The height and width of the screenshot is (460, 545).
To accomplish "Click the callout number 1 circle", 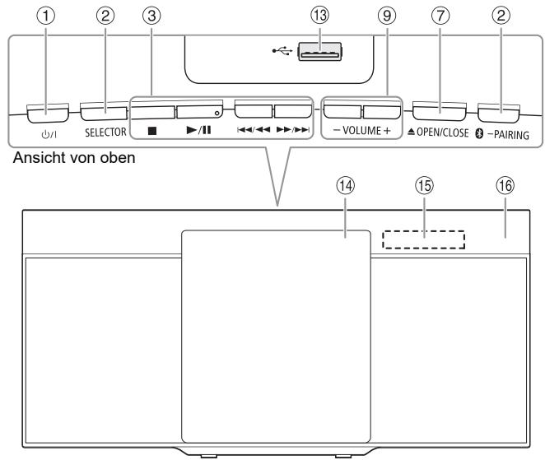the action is pos(46,16).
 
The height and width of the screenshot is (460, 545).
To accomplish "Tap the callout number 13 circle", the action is pos(319,16).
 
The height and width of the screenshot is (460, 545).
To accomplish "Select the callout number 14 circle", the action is pos(345,185).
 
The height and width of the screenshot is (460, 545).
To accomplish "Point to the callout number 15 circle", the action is pos(424,185).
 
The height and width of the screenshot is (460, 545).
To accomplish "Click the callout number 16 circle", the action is pos(505,185).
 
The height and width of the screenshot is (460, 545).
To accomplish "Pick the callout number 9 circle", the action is pos(387,16).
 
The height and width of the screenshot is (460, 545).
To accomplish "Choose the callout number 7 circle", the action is pos(440,16).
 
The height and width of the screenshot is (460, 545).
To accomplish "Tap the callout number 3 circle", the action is pos(151,16).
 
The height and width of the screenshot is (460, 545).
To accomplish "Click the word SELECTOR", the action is pos(105,132).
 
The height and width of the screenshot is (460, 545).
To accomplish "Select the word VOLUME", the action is pos(362,131).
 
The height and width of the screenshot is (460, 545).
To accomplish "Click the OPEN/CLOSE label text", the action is pos(442,132).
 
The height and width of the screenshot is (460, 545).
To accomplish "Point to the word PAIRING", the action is pos(511,135).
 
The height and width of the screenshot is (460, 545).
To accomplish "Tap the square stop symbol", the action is pos(151,131).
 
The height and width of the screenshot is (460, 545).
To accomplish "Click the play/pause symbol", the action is pos(198,130).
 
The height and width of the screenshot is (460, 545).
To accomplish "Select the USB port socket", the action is pos(320,52).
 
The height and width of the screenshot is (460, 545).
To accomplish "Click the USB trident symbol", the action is pos(282,51).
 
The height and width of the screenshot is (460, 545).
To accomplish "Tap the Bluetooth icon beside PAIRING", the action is pos(479,134).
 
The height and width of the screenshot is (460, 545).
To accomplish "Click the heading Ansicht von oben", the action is pos(74,158).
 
